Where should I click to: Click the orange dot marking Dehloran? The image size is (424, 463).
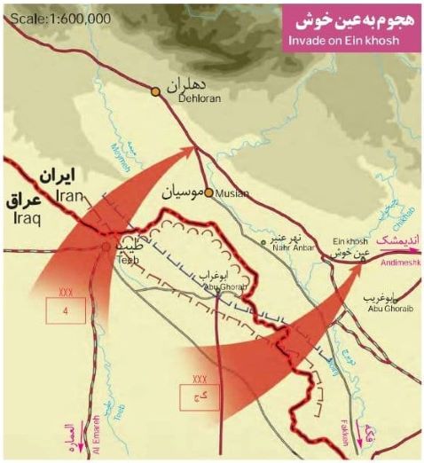point(155,90)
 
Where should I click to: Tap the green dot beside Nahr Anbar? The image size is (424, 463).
point(263,241)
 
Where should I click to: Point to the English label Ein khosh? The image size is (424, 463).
point(349,240)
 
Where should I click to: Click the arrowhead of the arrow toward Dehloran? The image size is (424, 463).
point(190,153)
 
